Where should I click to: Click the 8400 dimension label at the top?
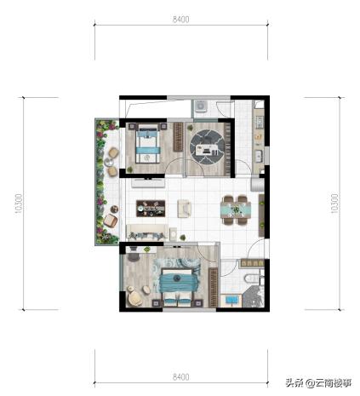(x=181, y=20)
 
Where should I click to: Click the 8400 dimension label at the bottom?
(x=181, y=377)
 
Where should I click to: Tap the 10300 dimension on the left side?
(x=19, y=204)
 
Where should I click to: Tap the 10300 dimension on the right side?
(x=334, y=204)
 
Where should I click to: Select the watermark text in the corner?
(x=318, y=383)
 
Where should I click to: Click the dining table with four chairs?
(x=236, y=209)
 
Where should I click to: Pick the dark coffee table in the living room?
(x=151, y=209)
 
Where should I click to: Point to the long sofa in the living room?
(x=147, y=232)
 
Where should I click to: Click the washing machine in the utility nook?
(x=201, y=106)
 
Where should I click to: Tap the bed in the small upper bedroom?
(x=147, y=143)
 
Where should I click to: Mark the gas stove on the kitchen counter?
(x=259, y=122)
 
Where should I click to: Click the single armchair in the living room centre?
(x=184, y=209)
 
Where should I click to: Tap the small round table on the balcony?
(x=109, y=162)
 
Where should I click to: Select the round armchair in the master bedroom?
(x=135, y=298)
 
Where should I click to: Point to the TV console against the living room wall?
(x=148, y=183)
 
